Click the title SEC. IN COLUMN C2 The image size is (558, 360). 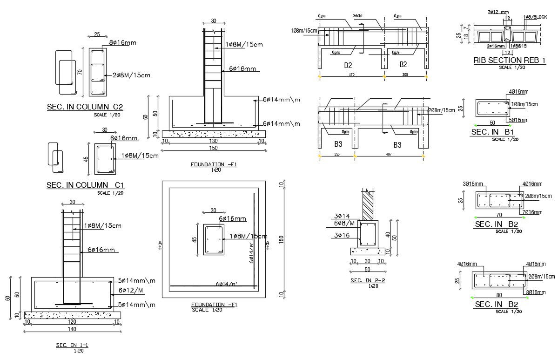click(85, 107)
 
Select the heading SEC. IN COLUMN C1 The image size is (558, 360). click(85, 185)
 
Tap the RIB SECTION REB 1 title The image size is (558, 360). click(509, 61)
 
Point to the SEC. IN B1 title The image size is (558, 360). click(492, 133)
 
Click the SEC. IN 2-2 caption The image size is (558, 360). click(368, 280)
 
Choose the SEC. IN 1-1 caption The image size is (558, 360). click(72, 345)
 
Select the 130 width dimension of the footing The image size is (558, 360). click(214, 141)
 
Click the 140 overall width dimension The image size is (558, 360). click(72, 329)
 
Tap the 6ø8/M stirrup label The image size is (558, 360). click(344, 224)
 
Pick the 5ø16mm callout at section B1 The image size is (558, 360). click(519, 120)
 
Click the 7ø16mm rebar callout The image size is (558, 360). click(532, 212)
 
